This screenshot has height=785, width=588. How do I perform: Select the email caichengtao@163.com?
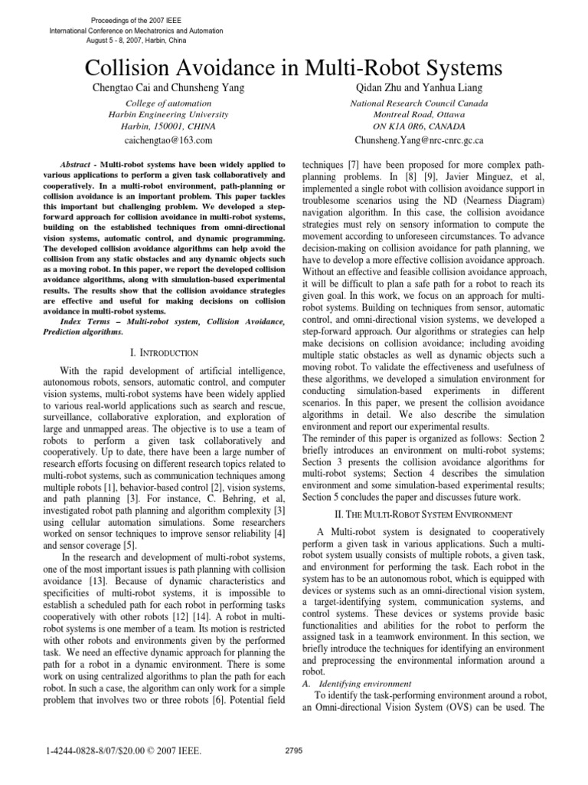pos(168,140)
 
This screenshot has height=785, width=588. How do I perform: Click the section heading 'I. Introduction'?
pos(165,353)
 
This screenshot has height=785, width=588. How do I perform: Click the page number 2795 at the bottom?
pos(294,751)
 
